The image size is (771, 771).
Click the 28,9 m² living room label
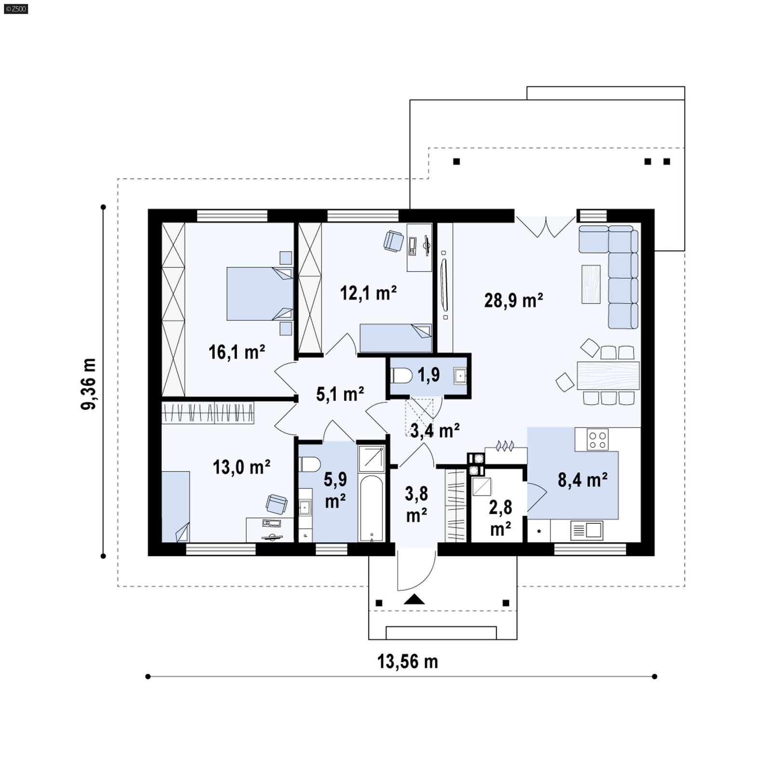514,300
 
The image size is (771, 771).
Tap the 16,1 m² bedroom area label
237,352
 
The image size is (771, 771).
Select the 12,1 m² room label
368,292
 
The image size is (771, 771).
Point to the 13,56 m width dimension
407,661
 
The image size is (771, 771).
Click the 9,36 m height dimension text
89,384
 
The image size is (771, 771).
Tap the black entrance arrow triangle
414,599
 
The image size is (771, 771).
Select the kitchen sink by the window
586,530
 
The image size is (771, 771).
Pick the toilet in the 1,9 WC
401,375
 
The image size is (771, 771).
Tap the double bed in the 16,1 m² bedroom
259,293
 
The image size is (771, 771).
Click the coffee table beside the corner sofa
591,284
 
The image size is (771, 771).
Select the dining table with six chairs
608,375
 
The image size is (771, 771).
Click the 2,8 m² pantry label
500,518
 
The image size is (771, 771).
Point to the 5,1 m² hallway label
340,394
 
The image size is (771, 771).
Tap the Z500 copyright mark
15,9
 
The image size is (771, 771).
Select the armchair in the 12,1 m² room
393,240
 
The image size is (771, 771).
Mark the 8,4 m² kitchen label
582,479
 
